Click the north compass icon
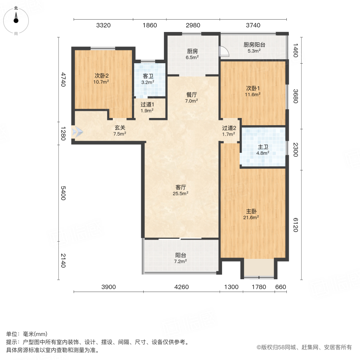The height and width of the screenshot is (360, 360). [x=16, y=20]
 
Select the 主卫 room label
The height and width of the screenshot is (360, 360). [x=262, y=146]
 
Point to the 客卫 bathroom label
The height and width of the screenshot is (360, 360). [x=148, y=76]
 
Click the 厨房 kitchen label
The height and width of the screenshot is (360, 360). [x=192, y=51]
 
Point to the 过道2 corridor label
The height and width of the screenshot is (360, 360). [x=230, y=128]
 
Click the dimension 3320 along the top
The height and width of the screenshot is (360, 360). [x=103, y=26]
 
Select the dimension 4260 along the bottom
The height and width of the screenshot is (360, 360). [x=182, y=287]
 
